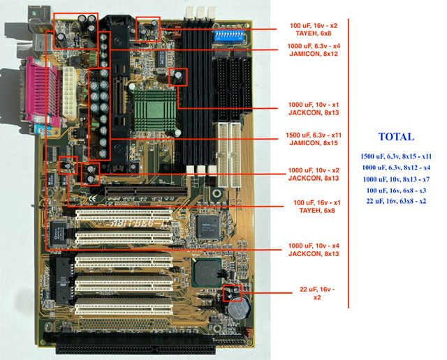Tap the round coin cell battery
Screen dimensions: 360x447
(239, 307)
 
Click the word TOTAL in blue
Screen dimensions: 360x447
(396, 137)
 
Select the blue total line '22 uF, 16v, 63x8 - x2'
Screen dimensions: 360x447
(397, 201)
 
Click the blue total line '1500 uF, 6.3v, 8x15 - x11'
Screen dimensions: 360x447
(397, 156)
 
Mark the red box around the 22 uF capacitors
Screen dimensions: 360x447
(231, 292)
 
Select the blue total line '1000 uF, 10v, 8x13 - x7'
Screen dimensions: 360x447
(397, 179)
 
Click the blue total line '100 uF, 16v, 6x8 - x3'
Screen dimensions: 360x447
(397, 190)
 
